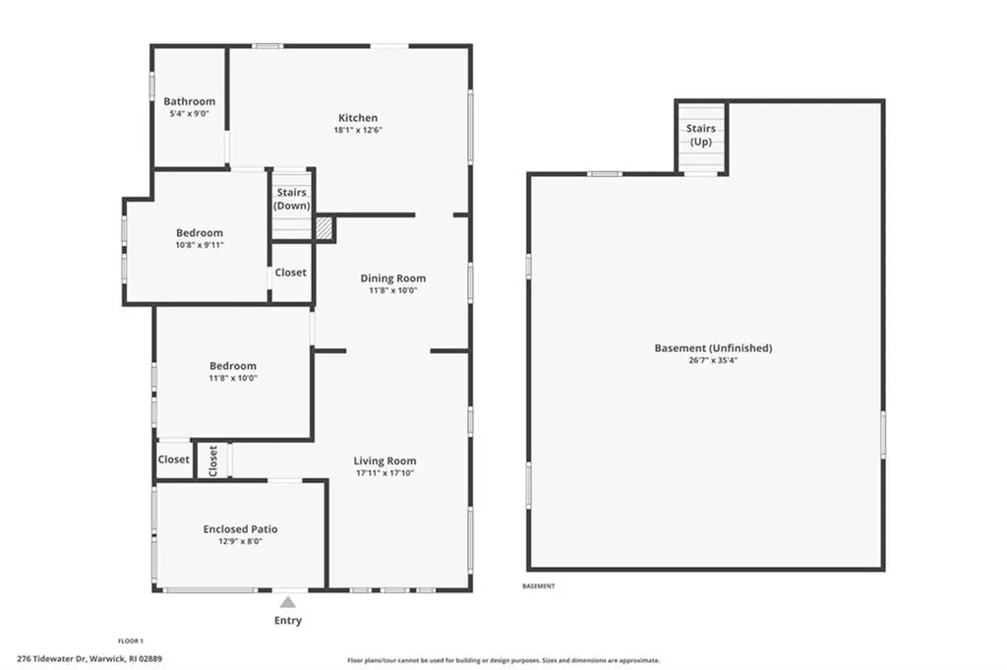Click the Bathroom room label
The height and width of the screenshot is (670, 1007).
pos(189,101)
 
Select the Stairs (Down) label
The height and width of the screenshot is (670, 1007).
pos(292,199)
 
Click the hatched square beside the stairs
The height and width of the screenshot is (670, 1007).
pos(325,228)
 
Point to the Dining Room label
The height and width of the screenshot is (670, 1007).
pos(392,278)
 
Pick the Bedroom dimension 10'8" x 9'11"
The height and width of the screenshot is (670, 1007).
pos(200,245)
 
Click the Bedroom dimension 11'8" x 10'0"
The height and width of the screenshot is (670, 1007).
pos(232,379)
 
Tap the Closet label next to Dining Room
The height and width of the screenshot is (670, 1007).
pos(290,273)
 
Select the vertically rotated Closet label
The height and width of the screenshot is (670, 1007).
pos(213,459)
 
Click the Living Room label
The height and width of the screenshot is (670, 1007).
pos(385,460)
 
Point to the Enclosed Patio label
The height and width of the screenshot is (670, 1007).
pos(233,529)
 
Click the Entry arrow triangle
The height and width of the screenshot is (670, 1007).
pos(287,602)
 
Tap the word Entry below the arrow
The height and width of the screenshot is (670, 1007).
pos(287,621)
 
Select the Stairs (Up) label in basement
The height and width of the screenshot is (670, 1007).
pos(700,135)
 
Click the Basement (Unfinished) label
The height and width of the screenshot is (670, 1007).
pos(713,348)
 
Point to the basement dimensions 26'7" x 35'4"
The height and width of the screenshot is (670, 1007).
pos(713,361)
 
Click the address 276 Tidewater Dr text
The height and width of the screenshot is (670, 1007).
pos(89,659)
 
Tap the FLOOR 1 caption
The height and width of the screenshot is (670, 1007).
pos(131,640)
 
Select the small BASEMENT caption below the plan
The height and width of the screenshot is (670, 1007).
pos(538,586)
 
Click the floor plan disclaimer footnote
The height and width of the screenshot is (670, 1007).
pos(503,661)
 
